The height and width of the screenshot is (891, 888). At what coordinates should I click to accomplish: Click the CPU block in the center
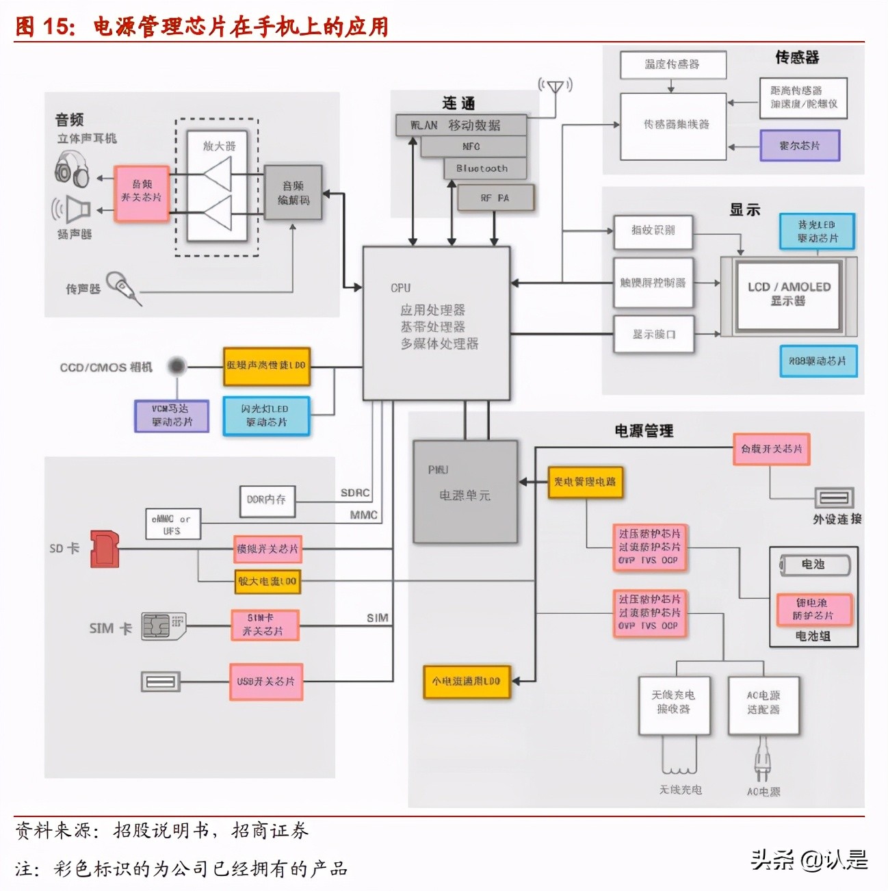click(x=436, y=323)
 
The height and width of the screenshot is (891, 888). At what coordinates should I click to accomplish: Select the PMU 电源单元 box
click(x=465, y=491)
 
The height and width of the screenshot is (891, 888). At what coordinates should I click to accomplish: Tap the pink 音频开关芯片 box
click(x=142, y=193)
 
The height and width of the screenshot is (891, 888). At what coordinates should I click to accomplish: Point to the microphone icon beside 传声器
click(x=125, y=287)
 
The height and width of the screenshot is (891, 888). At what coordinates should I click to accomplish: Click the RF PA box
click(x=495, y=198)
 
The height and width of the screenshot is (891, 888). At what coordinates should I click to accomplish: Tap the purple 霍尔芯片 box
click(x=799, y=146)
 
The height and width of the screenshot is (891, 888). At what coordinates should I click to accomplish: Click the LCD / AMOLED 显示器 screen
click(x=788, y=294)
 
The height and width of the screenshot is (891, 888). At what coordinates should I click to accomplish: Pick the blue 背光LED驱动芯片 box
click(x=817, y=231)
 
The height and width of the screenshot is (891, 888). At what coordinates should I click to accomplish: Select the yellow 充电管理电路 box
click(x=585, y=482)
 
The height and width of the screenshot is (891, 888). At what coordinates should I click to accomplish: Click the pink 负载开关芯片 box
click(x=771, y=449)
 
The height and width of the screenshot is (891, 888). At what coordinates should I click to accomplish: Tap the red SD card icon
click(x=105, y=549)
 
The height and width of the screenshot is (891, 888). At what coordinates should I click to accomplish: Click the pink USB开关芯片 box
click(x=265, y=682)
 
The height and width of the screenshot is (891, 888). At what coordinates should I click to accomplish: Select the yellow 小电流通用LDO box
click(x=467, y=682)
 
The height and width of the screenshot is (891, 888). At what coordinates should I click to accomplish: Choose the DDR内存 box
click(x=267, y=500)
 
